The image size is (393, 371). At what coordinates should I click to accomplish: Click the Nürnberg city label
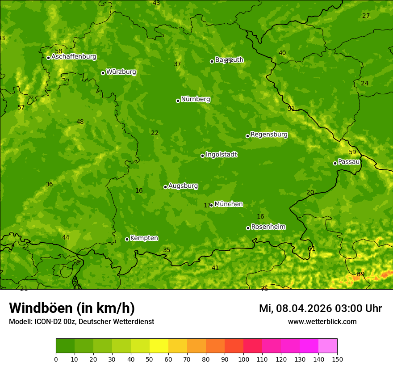(195, 99)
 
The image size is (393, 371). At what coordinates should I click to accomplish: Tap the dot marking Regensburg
(247, 136)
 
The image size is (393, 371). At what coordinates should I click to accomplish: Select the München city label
(228, 204)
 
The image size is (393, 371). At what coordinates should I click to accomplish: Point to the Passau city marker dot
(335, 163)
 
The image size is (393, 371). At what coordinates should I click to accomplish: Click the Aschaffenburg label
(74, 57)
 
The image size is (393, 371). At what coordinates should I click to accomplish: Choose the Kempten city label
(144, 238)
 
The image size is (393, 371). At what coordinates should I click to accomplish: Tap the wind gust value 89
(360, 274)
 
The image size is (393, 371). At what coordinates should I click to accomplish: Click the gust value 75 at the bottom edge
(264, 289)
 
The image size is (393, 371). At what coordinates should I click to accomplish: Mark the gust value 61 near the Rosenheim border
(311, 249)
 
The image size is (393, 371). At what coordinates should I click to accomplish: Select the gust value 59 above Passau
(352, 152)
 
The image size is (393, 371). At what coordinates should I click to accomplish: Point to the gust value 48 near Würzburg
(80, 122)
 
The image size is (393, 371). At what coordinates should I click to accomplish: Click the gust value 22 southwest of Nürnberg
(155, 133)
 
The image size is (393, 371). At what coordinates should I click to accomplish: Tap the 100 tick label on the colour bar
(243, 359)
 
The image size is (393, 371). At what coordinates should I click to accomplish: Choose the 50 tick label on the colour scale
(150, 359)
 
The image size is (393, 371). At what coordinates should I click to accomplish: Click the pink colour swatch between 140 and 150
(328, 346)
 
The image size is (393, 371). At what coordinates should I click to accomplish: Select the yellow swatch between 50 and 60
(159, 346)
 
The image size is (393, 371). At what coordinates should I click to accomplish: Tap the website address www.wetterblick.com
(322, 321)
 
